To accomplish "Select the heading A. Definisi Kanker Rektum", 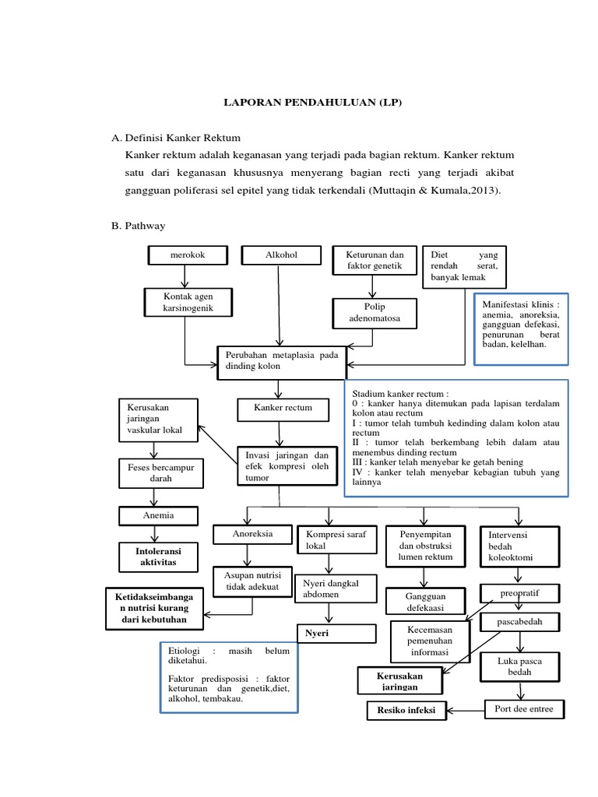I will coord(177,138).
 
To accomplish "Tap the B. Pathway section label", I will coord(139,226).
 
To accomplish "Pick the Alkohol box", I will coord(281,255).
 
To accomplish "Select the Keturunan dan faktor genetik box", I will coord(375,261).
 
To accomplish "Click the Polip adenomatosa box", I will coord(375,313).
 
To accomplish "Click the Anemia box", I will coord(158,515).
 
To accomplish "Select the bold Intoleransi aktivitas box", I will coord(157,556).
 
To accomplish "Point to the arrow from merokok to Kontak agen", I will coord(185,276).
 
